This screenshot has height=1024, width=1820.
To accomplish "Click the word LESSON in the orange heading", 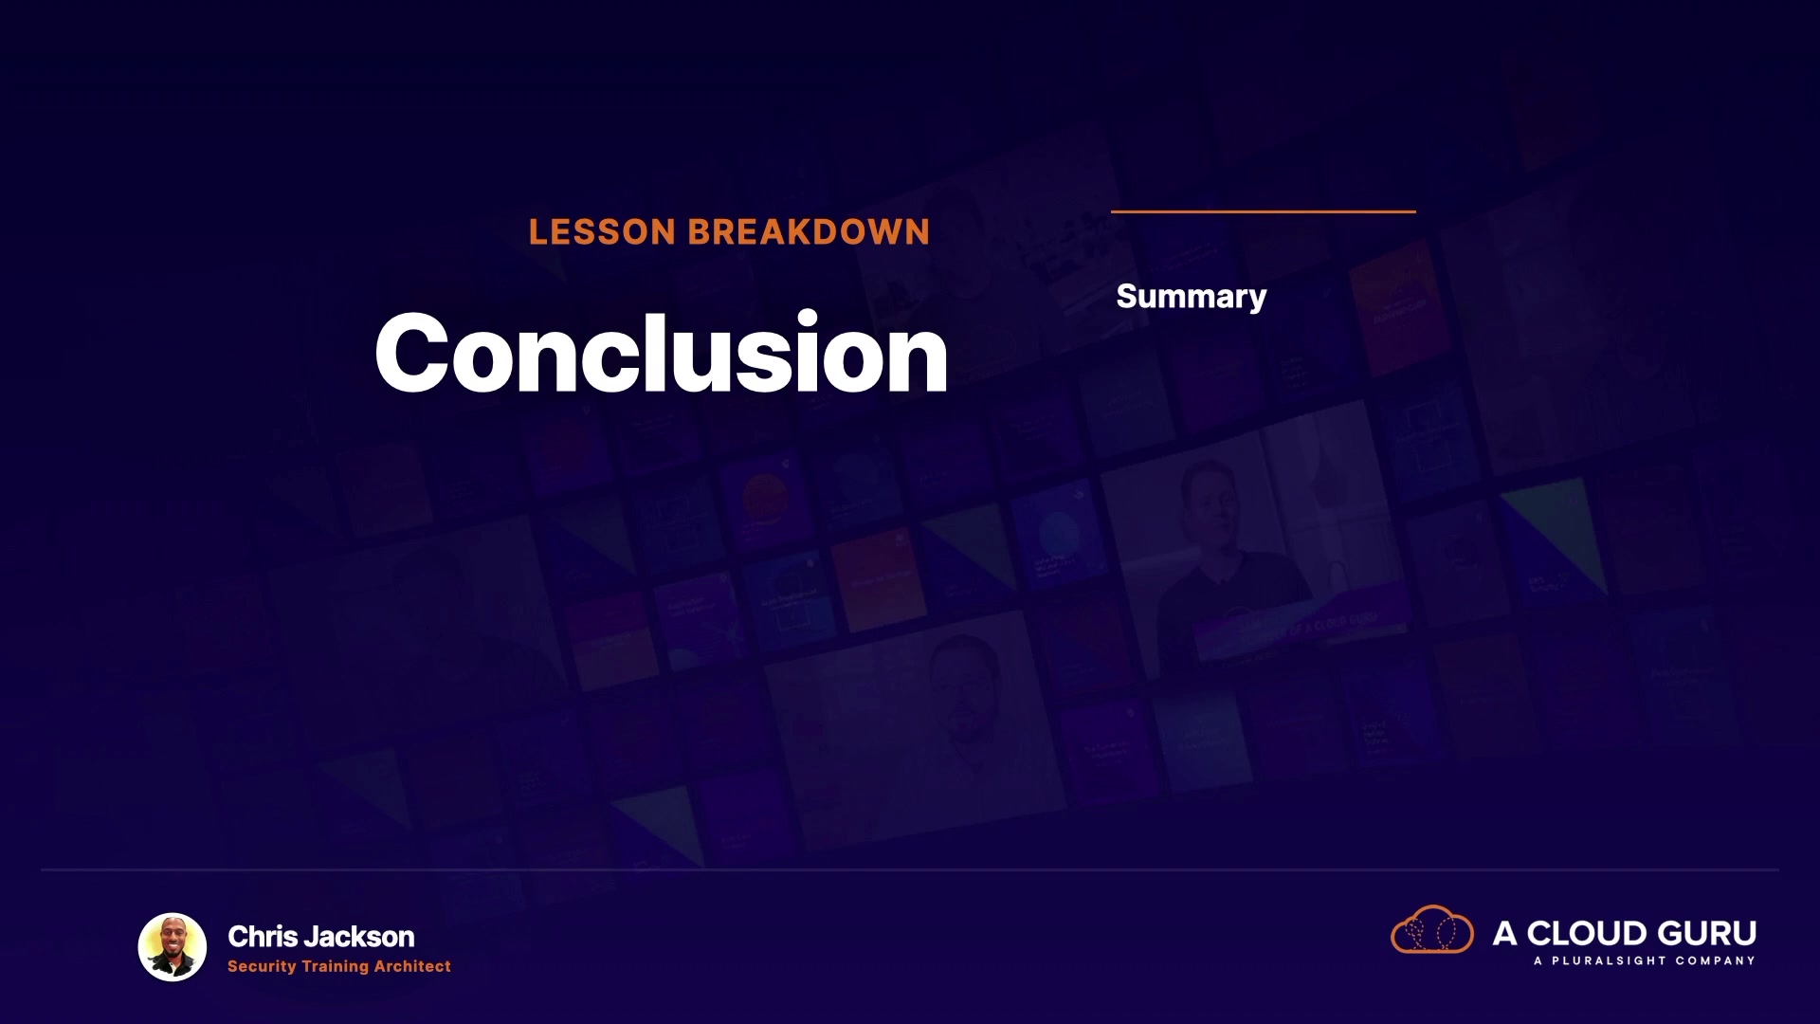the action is tap(602, 232).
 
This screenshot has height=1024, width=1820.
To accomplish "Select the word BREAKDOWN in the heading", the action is tap(809, 232).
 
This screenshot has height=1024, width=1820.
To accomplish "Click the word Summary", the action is tap(1192, 297).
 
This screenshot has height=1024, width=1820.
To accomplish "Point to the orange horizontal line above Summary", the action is tap(1264, 211).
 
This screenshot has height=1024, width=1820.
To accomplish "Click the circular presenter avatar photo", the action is tap(173, 947).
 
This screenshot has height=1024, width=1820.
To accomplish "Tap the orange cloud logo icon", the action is tap(1432, 929).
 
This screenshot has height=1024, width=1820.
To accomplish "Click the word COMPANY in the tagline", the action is tap(1715, 961).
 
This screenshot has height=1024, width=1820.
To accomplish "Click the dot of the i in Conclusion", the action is tap(808, 319).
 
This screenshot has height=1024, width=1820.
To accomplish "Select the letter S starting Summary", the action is tap(1127, 296).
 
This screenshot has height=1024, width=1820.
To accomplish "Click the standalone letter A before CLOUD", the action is tap(1505, 934).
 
